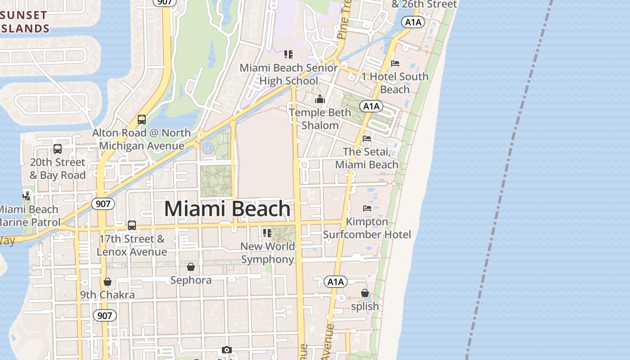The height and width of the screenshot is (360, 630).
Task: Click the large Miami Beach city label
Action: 227,209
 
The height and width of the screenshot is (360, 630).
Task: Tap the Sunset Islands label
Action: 25,22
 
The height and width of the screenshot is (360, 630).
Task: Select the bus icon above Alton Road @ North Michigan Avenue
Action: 142,120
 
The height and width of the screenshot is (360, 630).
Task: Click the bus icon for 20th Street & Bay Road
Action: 57,149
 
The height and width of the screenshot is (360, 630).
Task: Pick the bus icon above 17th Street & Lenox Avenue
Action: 132,225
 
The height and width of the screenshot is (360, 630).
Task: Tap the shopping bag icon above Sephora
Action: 191,267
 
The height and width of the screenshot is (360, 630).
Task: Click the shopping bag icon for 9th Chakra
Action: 107,282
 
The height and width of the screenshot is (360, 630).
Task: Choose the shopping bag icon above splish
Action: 364,293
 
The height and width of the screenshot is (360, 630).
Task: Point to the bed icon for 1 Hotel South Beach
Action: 395,63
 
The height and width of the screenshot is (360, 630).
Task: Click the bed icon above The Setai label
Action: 367,139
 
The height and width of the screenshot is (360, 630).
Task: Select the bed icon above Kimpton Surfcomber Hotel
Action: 367,208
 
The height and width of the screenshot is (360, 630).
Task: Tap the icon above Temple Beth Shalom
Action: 320,99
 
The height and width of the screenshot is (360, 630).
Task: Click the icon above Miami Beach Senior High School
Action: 288,55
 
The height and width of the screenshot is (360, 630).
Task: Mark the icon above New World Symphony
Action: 267,233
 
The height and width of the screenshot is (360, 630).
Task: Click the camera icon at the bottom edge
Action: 227,350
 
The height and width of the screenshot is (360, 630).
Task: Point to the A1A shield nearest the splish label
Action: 336,282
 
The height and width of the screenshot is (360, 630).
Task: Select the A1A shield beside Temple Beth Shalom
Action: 371,107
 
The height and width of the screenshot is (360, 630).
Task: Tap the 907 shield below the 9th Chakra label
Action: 104,315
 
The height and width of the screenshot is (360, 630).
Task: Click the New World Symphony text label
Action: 268,253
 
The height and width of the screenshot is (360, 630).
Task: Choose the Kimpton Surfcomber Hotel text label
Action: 367,228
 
